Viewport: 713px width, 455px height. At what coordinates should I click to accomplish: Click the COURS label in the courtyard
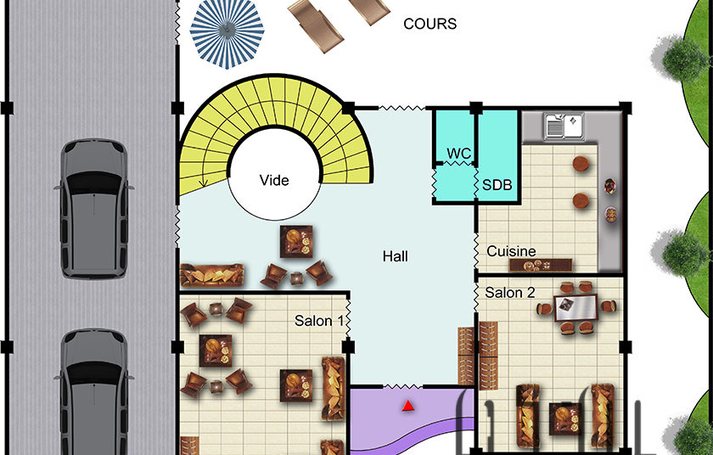coord(429,24)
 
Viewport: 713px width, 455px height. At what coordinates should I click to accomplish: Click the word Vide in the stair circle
coord(274,181)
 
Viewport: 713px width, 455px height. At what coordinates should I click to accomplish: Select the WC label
coord(459,153)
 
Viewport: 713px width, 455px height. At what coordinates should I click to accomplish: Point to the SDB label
coord(497,185)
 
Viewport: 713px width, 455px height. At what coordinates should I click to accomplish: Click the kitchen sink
coord(564,126)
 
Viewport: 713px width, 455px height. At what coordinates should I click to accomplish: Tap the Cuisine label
coord(511,251)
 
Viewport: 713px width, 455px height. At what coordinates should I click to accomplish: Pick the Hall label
coord(396,256)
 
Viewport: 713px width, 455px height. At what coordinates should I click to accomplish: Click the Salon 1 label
coord(319,321)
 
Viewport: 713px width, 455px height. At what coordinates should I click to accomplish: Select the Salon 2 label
coord(510,293)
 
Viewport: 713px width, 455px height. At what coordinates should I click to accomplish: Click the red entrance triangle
coord(408,406)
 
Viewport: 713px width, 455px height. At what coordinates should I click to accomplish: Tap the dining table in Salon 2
coord(575,308)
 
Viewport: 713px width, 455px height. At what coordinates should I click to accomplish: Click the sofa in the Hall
coord(212,275)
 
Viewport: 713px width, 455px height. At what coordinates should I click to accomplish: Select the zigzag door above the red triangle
coord(403,387)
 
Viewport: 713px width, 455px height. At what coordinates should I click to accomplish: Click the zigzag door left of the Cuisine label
coord(475,251)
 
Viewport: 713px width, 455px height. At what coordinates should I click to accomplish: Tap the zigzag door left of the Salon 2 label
coord(475,296)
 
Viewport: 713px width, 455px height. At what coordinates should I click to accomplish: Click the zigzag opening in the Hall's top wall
coord(402,108)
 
